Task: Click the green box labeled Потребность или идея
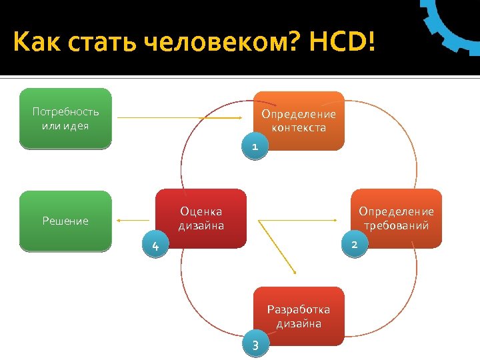tap(65, 117)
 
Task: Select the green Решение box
tap(65, 221)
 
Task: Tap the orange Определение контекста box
tap(299, 120)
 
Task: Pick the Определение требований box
tap(396, 218)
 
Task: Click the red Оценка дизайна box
tap(201, 219)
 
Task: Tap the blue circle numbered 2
tap(354, 245)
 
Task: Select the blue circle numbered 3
tap(254, 345)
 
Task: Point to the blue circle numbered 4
tap(155, 247)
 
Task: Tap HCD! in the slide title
tap(341, 45)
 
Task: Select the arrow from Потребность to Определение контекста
tap(180, 118)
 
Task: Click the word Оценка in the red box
tap(201, 212)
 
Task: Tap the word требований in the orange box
tap(396, 225)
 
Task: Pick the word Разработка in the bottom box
tap(299, 309)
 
